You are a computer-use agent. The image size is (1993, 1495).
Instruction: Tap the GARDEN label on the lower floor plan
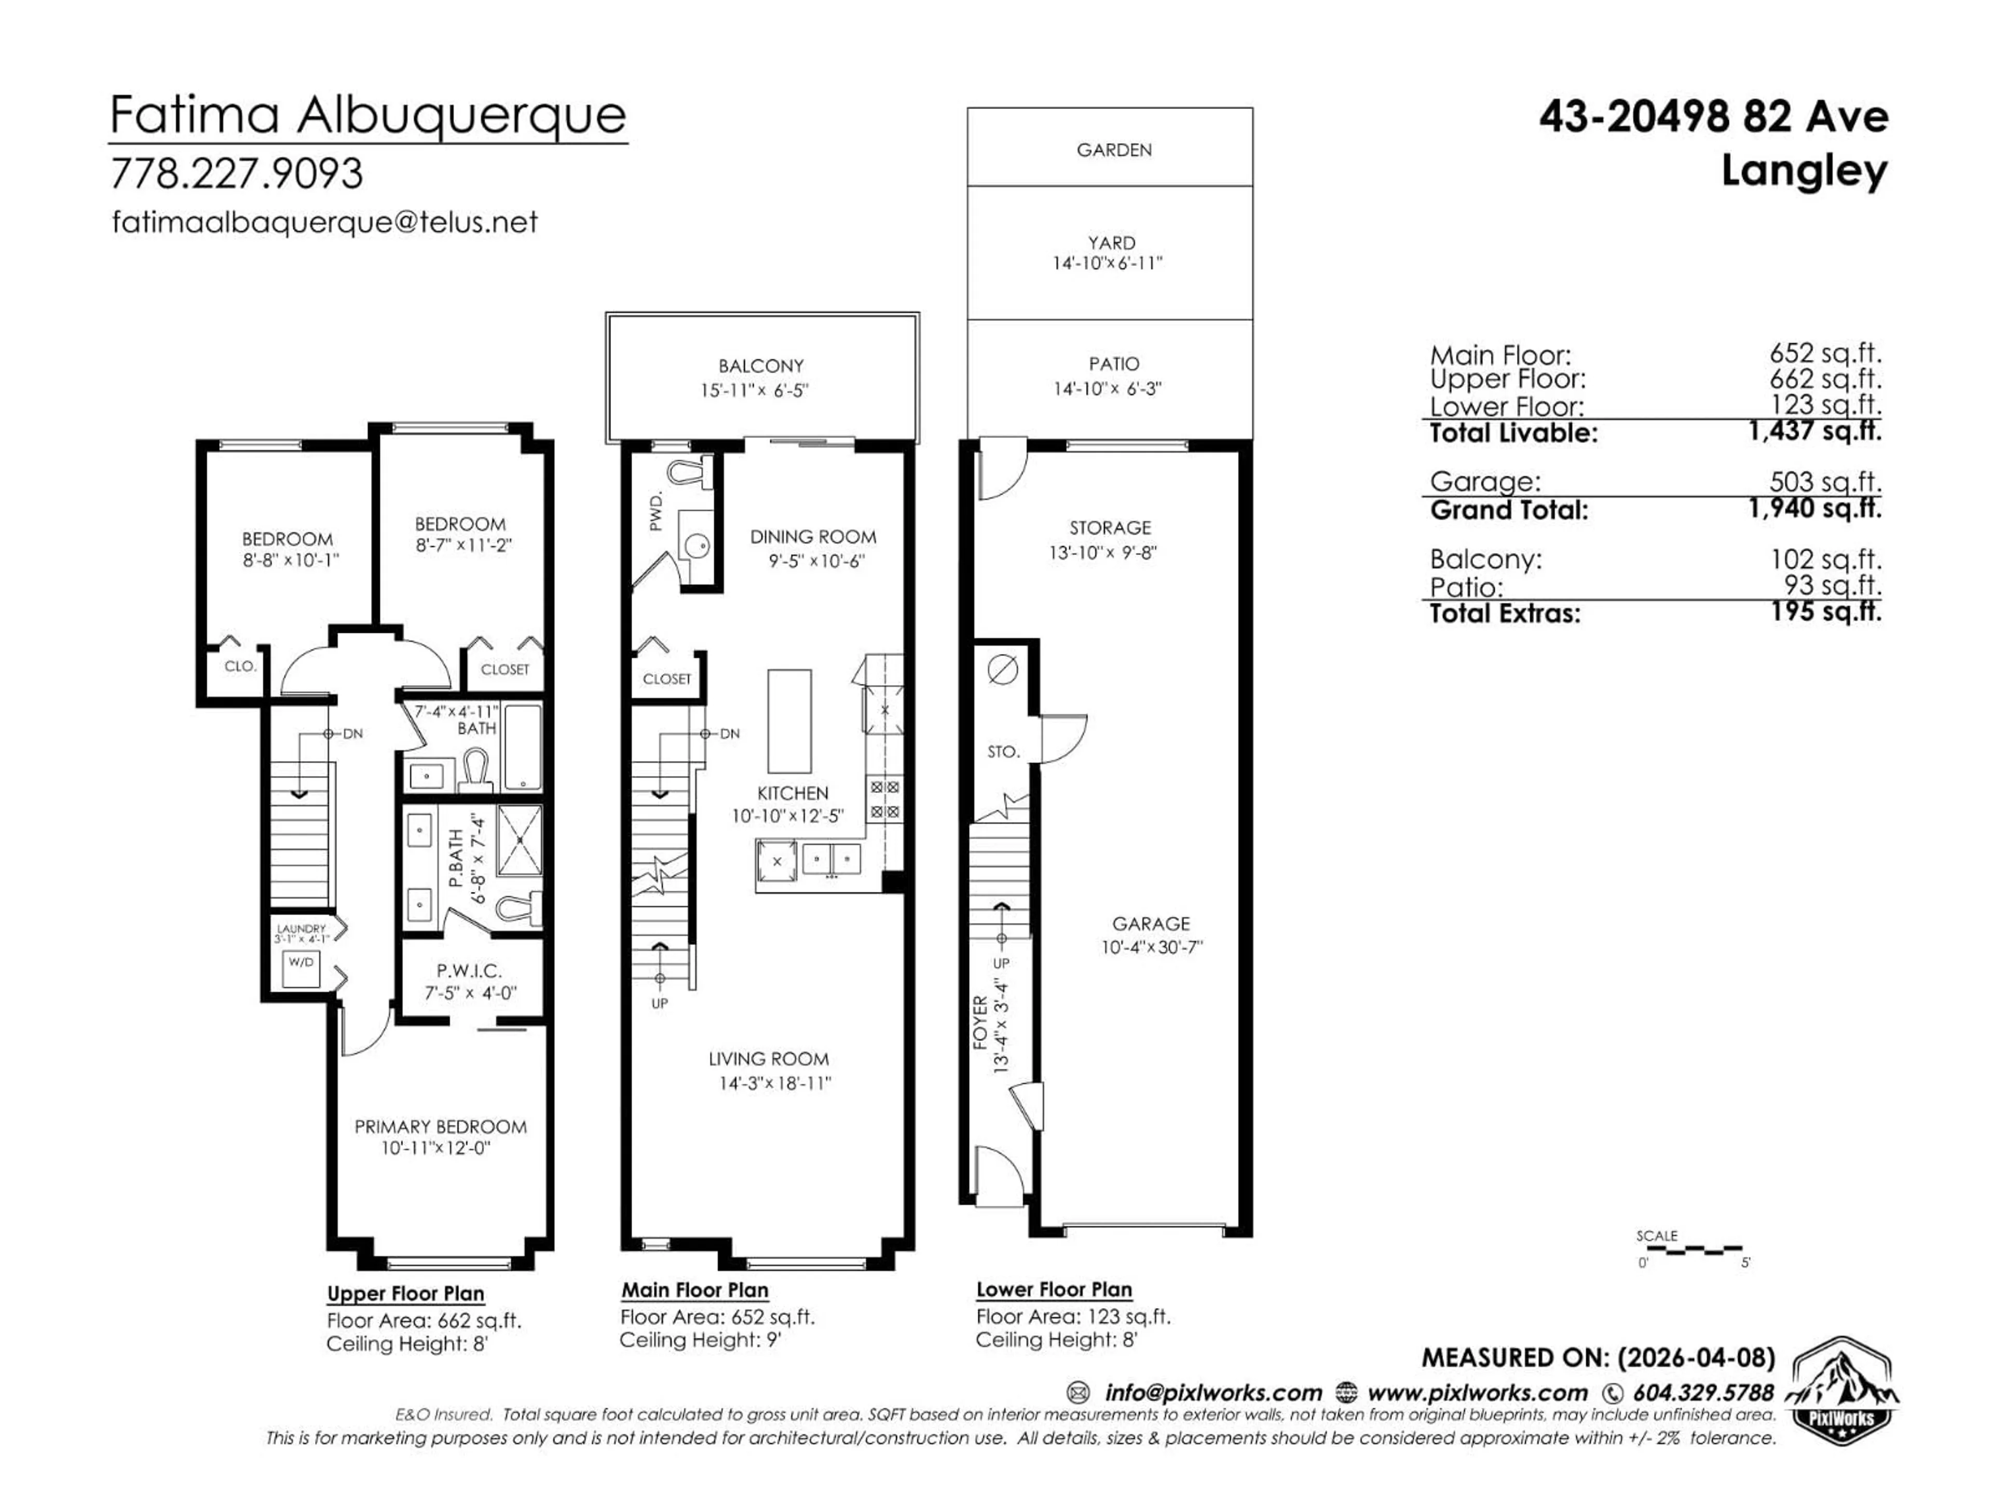click(1114, 149)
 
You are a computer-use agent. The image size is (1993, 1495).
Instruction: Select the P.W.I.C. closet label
click(469, 971)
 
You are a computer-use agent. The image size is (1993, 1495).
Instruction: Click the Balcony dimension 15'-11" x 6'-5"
click(760, 390)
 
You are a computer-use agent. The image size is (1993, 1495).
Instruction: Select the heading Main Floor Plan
click(694, 1290)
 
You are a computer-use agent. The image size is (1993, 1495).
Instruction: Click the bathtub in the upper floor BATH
click(522, 747)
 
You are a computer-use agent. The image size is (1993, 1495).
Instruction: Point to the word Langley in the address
click(1803, 171)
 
